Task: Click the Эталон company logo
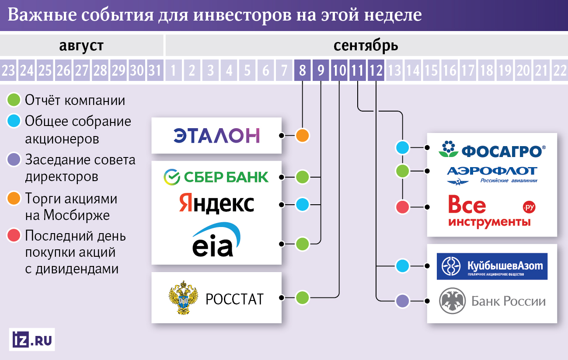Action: coord(216,136)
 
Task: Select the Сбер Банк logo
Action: coord(216,177)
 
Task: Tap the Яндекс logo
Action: coord(216,204)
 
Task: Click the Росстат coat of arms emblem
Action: coord(183,298)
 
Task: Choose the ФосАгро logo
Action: coord(492,150)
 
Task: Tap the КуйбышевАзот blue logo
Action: coord(492,266)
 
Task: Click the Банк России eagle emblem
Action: coord(451,301)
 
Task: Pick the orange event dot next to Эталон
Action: coord(302,136)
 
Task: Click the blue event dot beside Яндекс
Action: coord(302,204)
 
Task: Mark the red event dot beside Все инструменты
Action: coord(402,206)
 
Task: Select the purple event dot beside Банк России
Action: coord(402,301)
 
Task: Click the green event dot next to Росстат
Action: coord(302,298)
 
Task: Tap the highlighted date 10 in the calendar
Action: coord(339,70)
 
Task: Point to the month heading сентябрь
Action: coord(366,45)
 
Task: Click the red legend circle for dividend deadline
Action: coord(14,236)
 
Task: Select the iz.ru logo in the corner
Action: coord(31,340)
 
